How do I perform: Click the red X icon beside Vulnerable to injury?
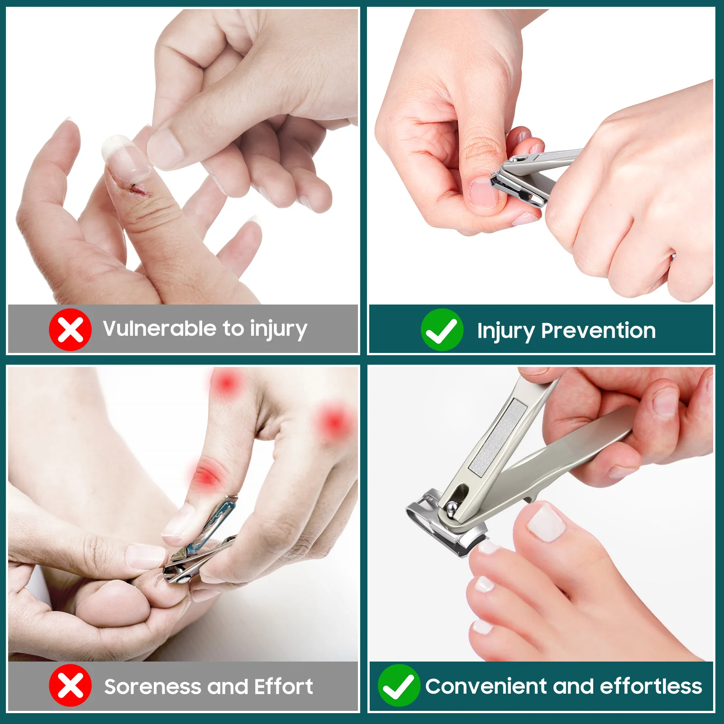click(x=70, y=329)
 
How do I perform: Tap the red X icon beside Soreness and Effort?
click(x=70, y=686)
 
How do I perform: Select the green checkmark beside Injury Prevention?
click(x=442, y=330)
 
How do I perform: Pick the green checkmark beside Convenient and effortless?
click(x=399, y=686)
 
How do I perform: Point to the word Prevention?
click(x=598, y=330)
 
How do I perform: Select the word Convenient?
click(x=486, y=686)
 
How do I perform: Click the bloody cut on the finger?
click(x=138, y=190)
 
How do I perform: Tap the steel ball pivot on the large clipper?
click(x=452, y=509)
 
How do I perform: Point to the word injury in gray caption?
click(x=278, y=329)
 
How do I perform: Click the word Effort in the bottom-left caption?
click(x=283, y=686)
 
